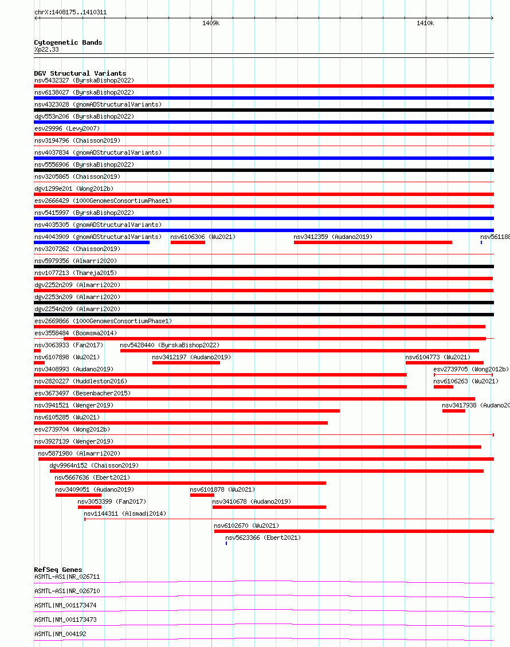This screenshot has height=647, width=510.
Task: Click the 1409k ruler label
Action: tap(211, 23)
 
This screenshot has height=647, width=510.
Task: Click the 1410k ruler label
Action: tap(425, 23)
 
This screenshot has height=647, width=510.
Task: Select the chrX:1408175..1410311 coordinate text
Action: tap(70, 12)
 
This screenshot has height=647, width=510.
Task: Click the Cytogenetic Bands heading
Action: tap(68, 42)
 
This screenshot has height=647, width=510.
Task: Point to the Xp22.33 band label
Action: tap(46, 49)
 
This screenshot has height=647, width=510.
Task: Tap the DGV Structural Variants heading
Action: tap(80, 73)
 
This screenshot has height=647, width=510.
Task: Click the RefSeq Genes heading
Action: tap(58, 570)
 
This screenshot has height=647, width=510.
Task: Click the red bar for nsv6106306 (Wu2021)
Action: tap(187, 242)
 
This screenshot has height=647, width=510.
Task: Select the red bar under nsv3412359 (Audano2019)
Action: tap(372, 242)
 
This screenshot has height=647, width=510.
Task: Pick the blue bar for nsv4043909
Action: tap(92, 242)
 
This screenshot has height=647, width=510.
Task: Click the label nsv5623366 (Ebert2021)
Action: tap(262, 538)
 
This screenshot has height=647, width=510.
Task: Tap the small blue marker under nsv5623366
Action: tap(226, 543)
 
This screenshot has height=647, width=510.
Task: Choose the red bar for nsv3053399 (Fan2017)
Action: tap(89, 507)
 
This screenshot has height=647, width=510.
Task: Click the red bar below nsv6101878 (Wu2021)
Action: tap(202, 495)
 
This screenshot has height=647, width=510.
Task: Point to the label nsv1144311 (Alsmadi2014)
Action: tap(125, 513)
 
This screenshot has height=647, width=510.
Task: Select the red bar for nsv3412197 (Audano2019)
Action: tap(186, 363)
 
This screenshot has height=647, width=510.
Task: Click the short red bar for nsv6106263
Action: tap(443, 387)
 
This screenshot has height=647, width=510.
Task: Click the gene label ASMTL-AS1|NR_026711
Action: tap(67, 577)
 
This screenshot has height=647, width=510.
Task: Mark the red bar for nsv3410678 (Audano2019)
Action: tap(269, 507)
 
